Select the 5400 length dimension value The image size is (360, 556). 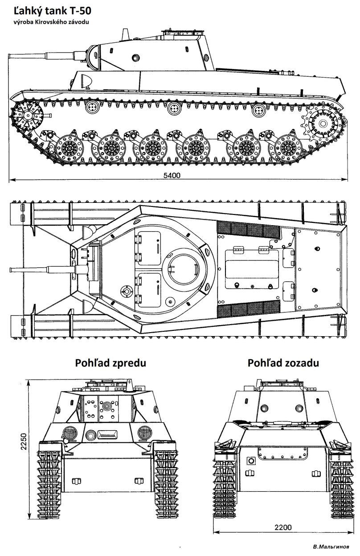pyautogui.click(x=172, y=176)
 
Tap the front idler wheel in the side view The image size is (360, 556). pyautogui.click(x=27, y=116)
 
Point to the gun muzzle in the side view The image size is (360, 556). pyautogui.click(x=11, y=57)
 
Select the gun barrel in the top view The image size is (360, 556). pyautogui.click(x=40, y=269)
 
